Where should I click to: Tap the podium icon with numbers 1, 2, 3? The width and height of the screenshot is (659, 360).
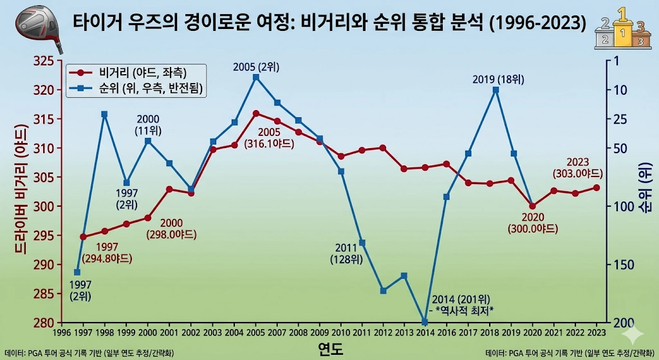[622, 27]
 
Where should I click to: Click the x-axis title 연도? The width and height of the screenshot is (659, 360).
[330, 350]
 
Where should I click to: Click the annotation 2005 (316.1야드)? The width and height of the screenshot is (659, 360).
[269, 138]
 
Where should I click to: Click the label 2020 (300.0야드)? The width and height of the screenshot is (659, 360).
[532, 223]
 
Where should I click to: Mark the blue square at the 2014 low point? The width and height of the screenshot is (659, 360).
[425, 322]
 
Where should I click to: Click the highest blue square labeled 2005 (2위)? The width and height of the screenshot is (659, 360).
[256, 77]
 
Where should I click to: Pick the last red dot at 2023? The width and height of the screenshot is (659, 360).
[597, 187]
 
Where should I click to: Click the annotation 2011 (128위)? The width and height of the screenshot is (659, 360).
[349, 254]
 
